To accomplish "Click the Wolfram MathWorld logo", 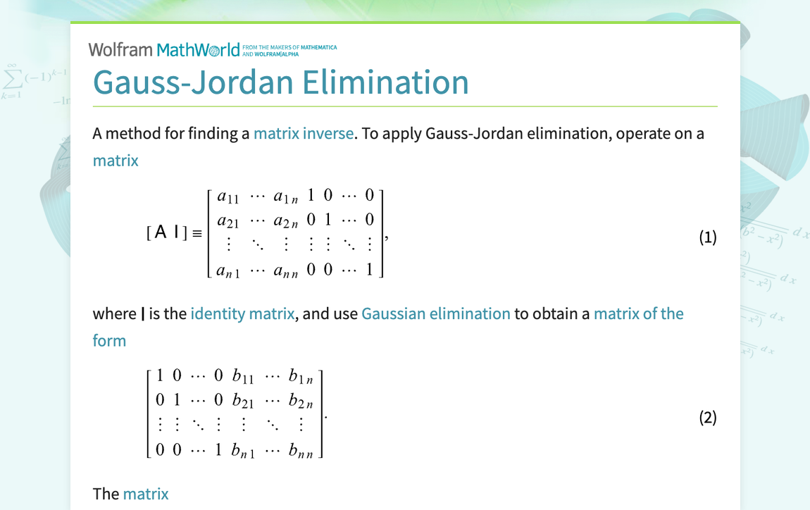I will pos(164,49).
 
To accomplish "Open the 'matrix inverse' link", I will pos(304,133).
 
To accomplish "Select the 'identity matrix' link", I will pos(242,313).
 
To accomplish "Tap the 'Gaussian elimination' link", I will pos(435,313).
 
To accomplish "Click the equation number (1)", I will pos(707,237).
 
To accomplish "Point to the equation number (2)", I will pos(707,418).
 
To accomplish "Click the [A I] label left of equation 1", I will pos(167,233).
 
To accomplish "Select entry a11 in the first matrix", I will pos(228,197).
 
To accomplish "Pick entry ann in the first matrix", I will pos(286,269).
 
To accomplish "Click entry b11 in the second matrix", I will pos(243,377).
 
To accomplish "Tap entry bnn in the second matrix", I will pos(301,449).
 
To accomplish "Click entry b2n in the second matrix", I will pos(301,402).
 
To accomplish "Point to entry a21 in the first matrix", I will pos(228,221).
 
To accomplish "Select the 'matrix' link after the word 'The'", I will pos(146,494).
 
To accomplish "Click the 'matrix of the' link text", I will pos(638,313).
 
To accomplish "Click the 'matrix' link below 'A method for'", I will pos(116,160).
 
